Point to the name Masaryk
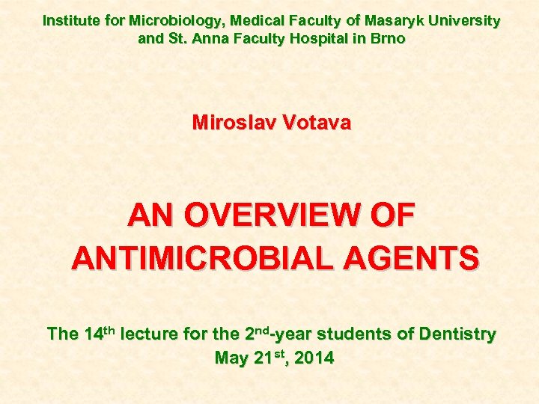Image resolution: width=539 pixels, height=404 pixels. coord(390,21)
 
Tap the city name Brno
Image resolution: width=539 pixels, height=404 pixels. coord(388,38)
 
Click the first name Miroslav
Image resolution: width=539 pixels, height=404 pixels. coord(234,123)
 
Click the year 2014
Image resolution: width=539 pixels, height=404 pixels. coord(314,358)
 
